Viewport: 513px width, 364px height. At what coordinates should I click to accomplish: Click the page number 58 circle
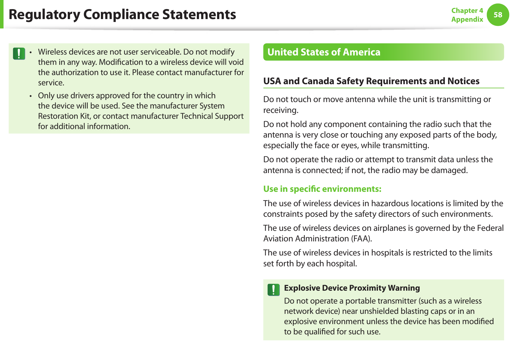pos(498,15)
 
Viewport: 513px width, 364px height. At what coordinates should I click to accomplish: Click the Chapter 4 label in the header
pos(467,11)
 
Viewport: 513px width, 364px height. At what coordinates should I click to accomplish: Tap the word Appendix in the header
pos(467,19)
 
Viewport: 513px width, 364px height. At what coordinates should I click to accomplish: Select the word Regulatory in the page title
pos(44,14)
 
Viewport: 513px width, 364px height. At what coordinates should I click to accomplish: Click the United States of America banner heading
pos(324,52)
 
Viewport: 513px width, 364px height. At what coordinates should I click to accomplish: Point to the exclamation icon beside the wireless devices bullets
pos(19,54)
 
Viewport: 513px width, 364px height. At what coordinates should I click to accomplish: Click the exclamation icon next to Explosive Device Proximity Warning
pos(273,290)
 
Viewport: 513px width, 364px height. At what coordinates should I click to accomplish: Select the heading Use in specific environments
pos(322,189)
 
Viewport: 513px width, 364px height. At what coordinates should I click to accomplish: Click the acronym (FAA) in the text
pos(361,239)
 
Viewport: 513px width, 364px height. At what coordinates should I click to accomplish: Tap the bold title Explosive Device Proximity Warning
pos(352,288)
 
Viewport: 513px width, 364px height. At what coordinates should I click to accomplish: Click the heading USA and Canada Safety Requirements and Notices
pos(371,81)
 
